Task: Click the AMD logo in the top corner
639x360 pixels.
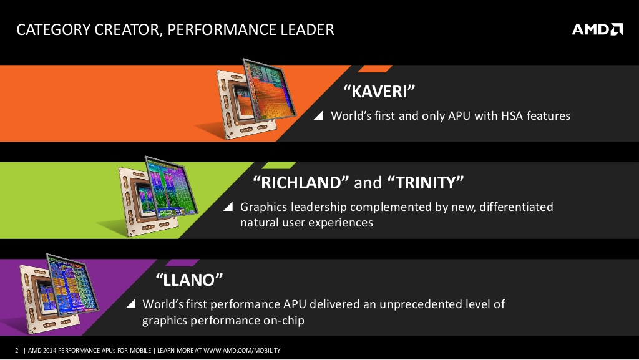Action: point(597,29)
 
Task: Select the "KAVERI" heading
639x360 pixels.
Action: point(379,91)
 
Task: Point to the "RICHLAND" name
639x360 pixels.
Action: point(301,182)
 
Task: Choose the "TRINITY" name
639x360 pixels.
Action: point(425,182)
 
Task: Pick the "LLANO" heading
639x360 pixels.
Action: point(190,280)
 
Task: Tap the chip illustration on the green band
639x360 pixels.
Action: point(157,196)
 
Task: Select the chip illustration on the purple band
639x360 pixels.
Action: point(59,293)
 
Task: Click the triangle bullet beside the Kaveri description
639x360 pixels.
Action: point(319,115)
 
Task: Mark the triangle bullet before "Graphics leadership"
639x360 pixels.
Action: point(228,207)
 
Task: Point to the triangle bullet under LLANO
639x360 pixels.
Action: point(131,304)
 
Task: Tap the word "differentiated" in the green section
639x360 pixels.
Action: point(516,207)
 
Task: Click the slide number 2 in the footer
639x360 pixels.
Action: point(17,350)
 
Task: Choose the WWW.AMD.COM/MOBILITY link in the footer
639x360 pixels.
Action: point(242,350)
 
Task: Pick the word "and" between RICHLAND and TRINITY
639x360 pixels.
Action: point(368,183)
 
